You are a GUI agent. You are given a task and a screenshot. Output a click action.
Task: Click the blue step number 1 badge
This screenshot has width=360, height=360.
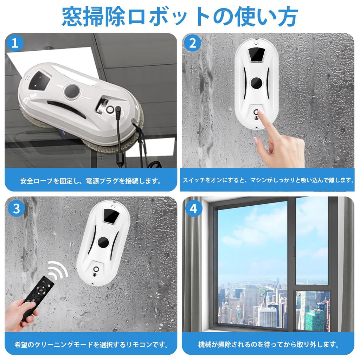pos(15,43)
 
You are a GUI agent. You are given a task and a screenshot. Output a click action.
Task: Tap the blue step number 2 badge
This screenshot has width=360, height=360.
pos(192,43)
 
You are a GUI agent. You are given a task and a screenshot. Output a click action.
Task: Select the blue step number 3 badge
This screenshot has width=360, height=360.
pos(16,208)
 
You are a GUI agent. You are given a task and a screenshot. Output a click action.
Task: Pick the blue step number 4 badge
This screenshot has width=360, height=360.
pos(193,208)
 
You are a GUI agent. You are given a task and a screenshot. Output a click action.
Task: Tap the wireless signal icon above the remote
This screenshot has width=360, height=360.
pos(59,270)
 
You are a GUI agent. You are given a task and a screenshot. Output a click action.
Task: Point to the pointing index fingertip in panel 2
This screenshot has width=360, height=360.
pos(261,114)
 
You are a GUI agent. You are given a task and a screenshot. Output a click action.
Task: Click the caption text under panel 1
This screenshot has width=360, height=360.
pos(91,181)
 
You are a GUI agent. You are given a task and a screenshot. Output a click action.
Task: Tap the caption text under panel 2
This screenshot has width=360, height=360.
pos(268,180)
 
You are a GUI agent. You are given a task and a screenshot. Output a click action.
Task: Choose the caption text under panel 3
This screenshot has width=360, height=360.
pos(91,344)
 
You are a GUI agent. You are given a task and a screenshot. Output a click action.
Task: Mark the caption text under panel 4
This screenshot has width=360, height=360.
pos(268,344)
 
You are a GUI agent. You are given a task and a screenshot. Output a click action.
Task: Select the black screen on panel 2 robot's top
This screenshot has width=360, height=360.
pos(256,54)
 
